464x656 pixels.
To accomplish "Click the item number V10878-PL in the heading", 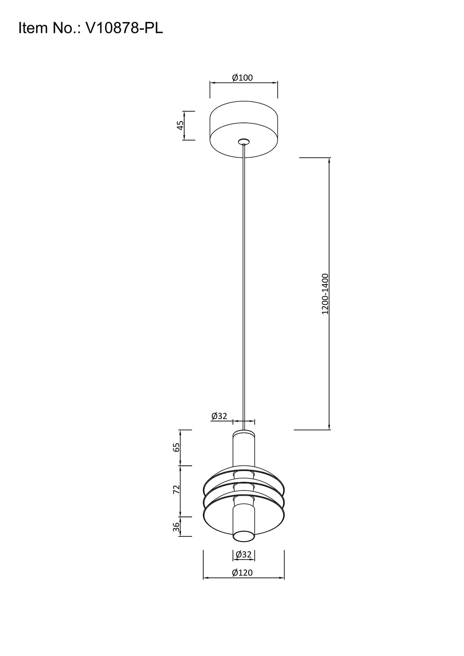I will coord(124,28).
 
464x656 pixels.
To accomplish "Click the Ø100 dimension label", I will coord(243,77).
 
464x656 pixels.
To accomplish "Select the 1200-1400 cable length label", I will coord(325,294).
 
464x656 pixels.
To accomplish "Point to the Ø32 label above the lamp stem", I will coord(219,416).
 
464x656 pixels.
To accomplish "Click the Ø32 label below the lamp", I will coord(243,554).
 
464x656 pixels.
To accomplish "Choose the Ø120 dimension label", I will coord(243,573).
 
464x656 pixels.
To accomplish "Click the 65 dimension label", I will coord(176,447).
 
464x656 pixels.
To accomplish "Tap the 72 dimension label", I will coord(176,490).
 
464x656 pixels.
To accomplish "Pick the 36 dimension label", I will coord(176,527).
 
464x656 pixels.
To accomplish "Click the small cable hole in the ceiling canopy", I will coord(243,141).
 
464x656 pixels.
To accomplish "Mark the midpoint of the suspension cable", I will coord(243,287).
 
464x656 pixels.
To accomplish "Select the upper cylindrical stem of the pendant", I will coord(244,447).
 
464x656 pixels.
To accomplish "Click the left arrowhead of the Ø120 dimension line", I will coord(206,578).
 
